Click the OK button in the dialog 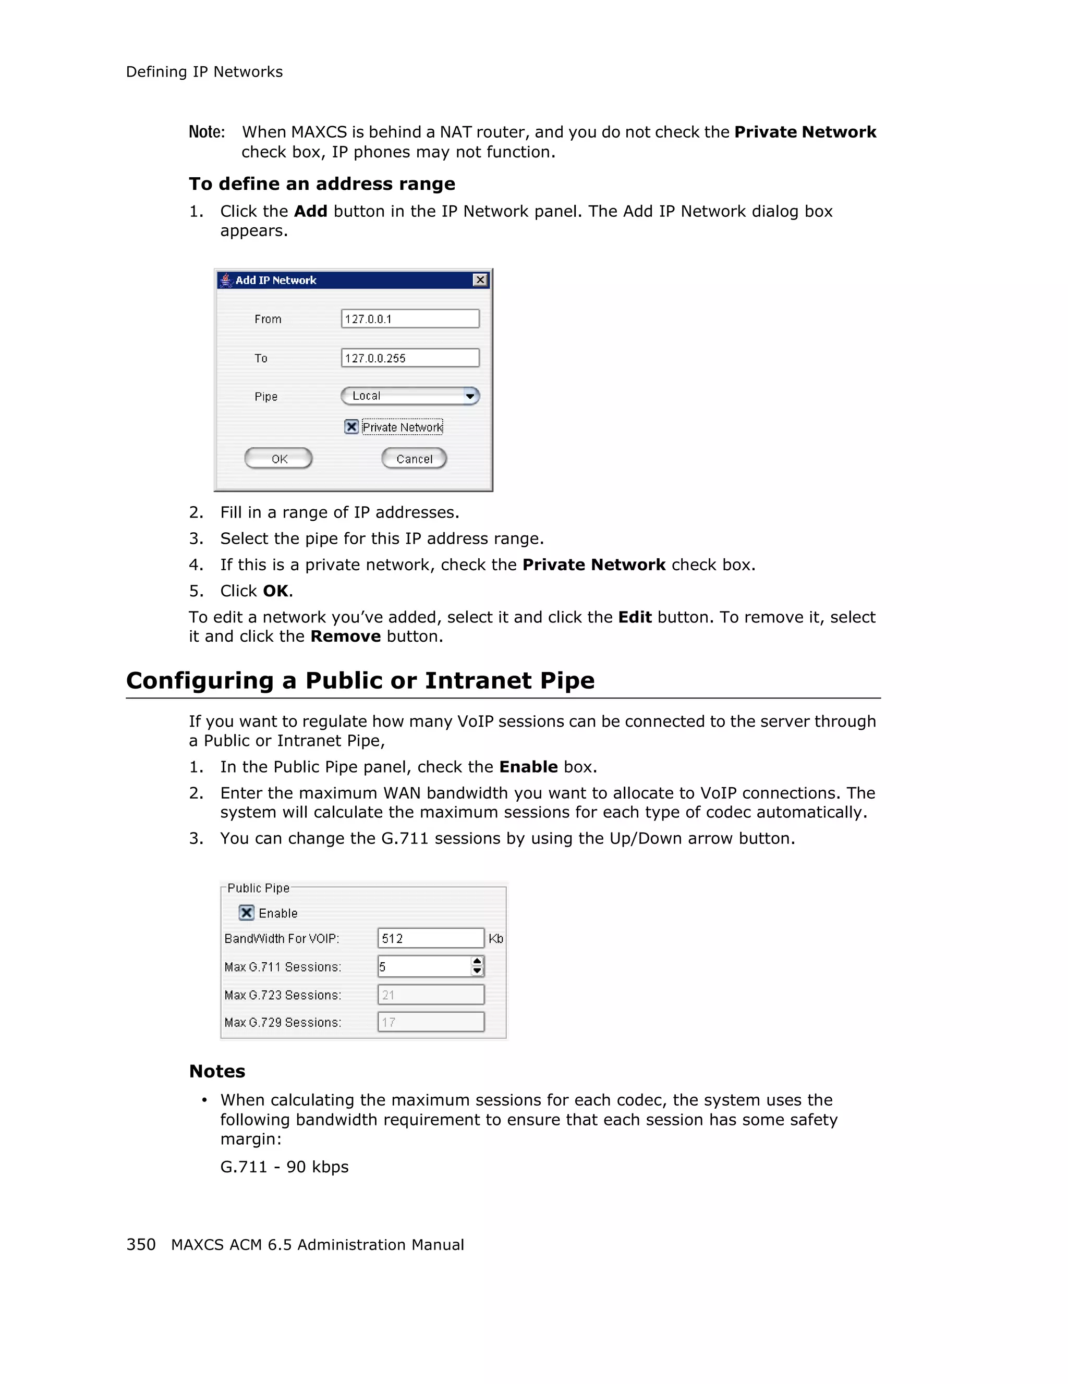click(278, 459)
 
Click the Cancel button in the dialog click(414, 459)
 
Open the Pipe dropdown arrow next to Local click(470, 396)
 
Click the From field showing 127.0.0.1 click(409, 319)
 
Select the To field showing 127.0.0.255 click(409, 358)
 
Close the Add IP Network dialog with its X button click(480, 280)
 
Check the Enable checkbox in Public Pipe click(247, 913)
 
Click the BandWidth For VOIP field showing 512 click(430, 938)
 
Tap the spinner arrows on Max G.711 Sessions click(477, 966)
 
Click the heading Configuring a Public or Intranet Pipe click(360, 681)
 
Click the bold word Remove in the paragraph click(345, 636)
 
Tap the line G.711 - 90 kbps click(284, 1167)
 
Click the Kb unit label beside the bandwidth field click(495, 938)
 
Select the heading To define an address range click(322, 184)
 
